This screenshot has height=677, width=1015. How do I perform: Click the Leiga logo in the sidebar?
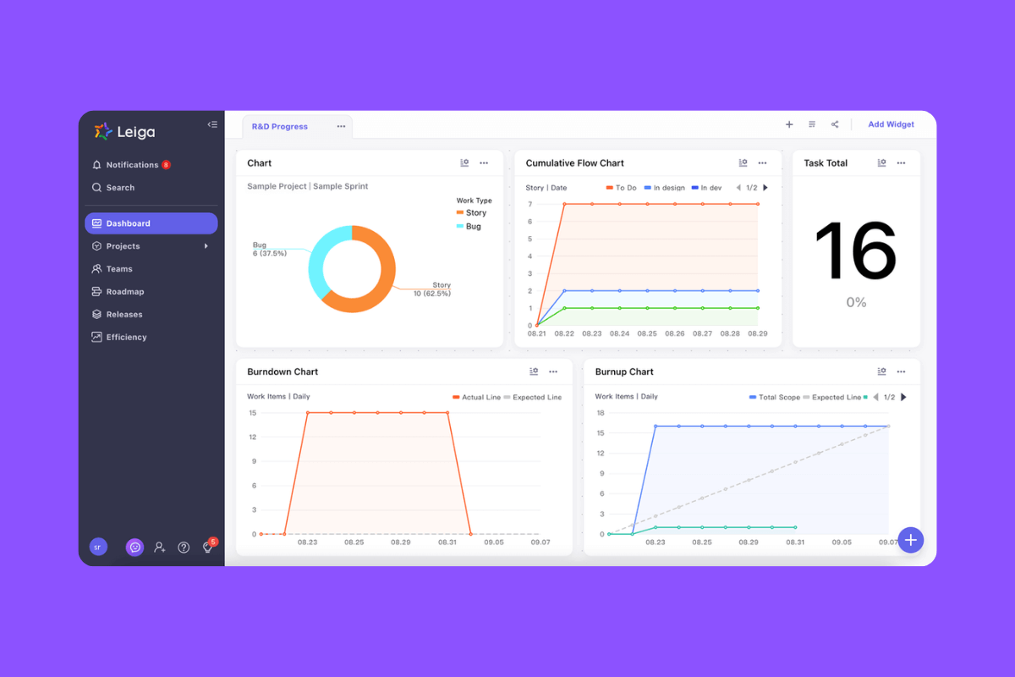click(124, 131)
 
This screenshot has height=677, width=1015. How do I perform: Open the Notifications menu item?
click(132, 165)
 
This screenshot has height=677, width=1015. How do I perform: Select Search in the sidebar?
click(120, 188)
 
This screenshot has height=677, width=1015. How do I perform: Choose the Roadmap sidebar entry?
click(125, 292)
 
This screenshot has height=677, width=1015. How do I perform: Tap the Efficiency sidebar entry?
click(126, 338)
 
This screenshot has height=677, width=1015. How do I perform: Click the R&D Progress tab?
click(280, 127)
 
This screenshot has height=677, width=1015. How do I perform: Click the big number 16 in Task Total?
click(855, 250)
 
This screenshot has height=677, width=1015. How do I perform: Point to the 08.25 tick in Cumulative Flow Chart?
click(647, 334)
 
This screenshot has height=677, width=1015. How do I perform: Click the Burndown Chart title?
click(283, 372)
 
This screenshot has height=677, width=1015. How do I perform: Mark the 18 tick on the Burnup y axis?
click(601, 413)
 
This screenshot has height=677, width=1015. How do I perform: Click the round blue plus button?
click(911, 540)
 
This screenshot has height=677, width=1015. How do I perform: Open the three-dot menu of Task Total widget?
click(902, 163)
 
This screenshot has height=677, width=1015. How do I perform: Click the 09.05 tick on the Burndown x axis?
click(494, 542)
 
